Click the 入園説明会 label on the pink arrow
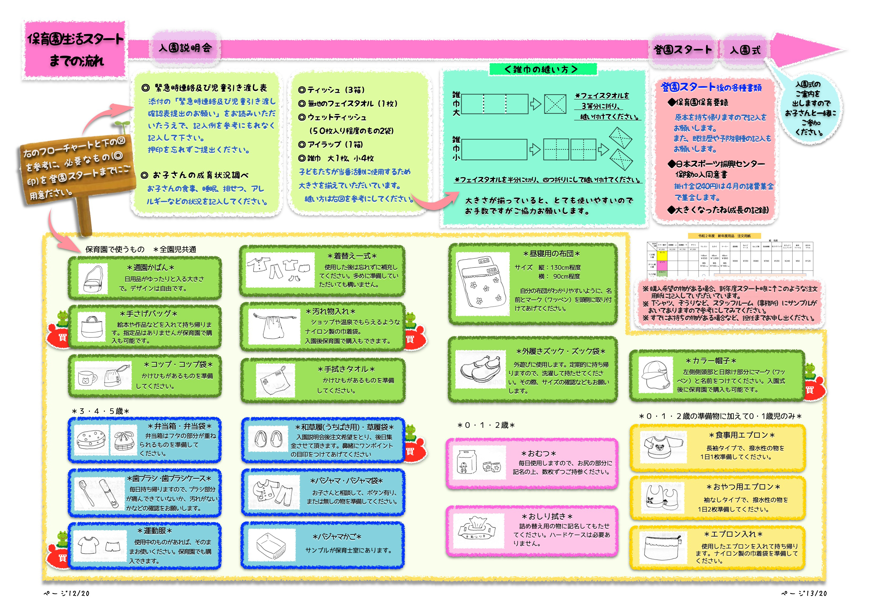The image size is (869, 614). coord(185,48)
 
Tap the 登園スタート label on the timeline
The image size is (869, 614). coord(682,50)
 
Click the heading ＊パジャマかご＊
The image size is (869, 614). coord(337,537)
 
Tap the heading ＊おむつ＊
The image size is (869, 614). coord(538,453)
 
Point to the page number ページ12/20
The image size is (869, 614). coord(66,593)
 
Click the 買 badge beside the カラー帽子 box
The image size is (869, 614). coord(810,390)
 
